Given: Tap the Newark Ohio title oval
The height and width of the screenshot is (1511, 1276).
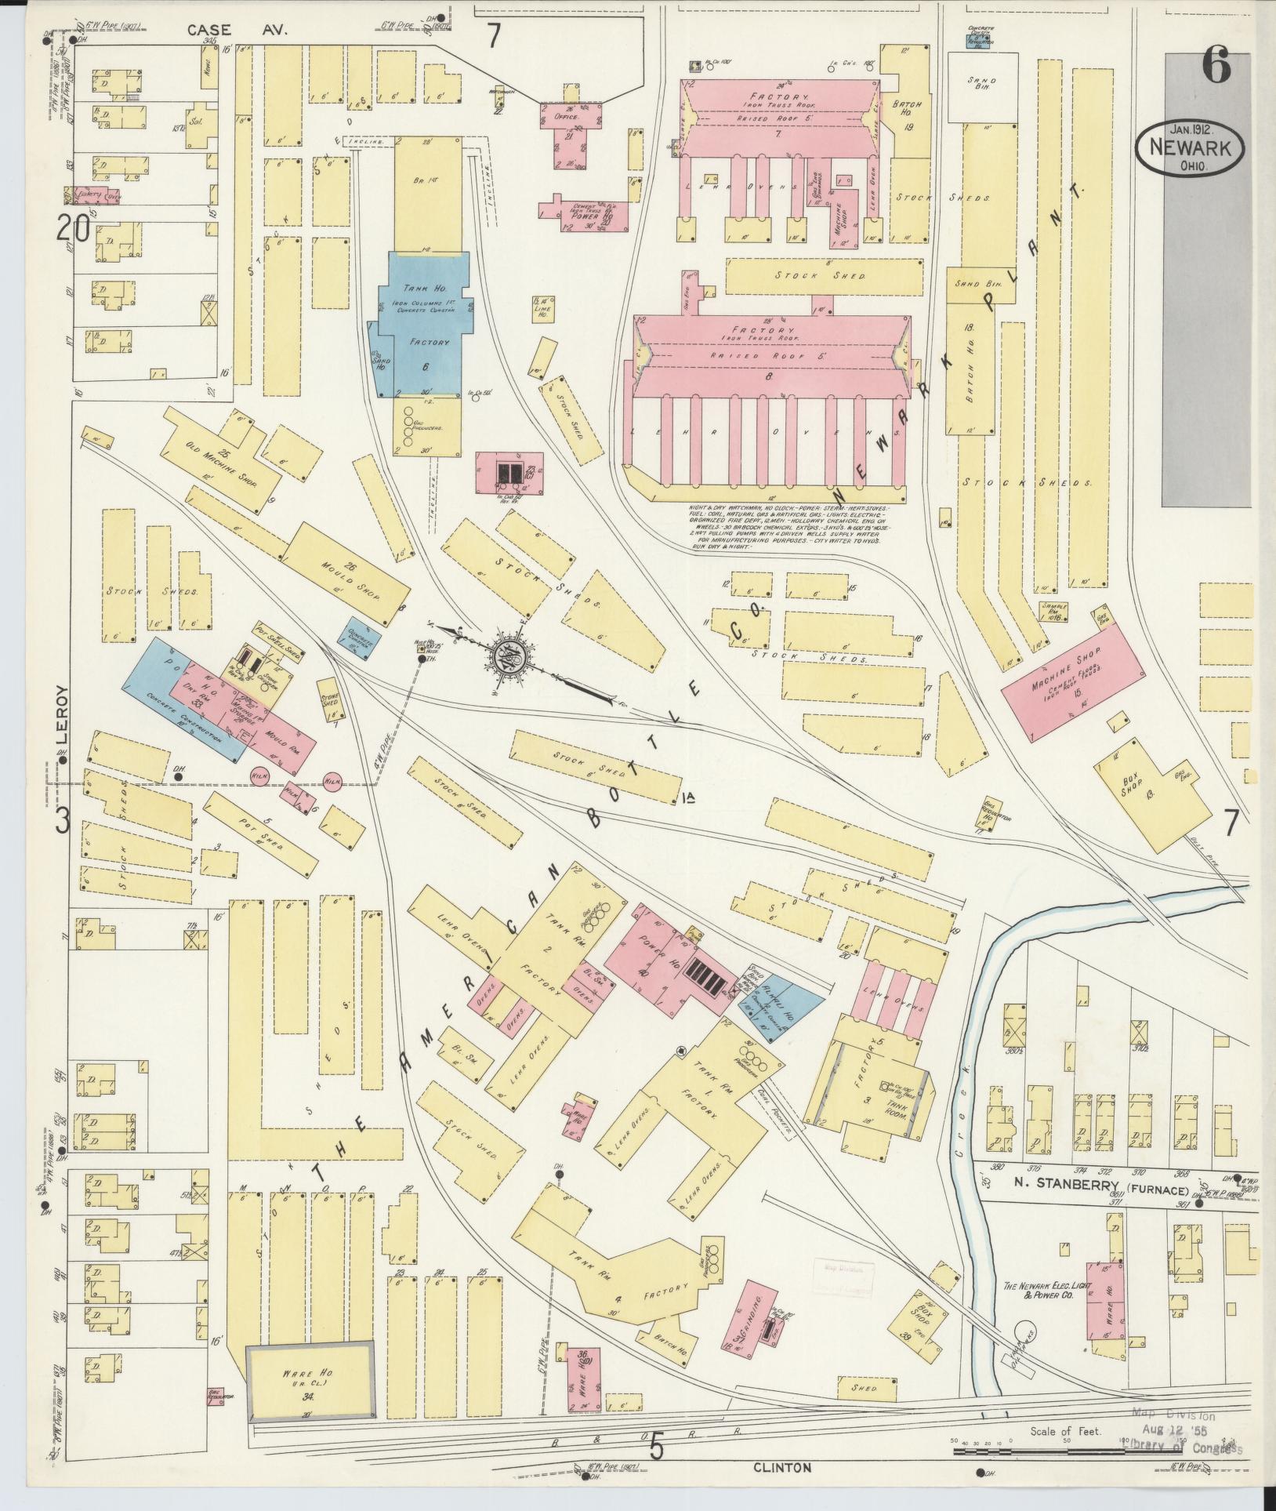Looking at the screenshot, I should (x=1189, y=147).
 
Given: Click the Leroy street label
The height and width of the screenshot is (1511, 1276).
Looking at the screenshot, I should (x=62, y=714).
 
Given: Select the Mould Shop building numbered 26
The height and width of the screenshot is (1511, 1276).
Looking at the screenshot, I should (x=337, y=576).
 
